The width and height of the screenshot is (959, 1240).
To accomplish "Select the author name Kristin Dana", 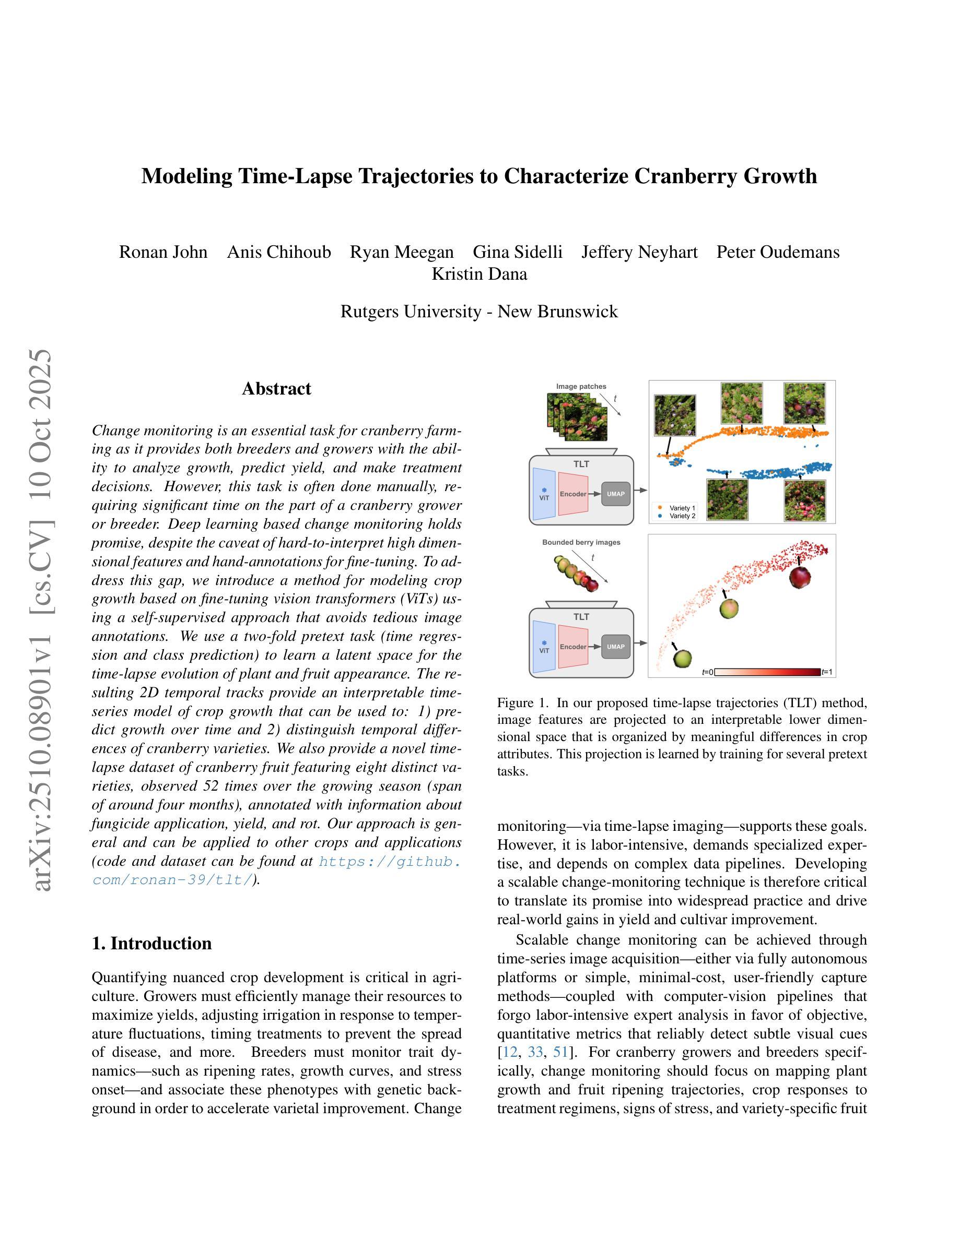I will [479, 273].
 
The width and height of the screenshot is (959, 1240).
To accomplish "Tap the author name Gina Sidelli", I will [518, 252].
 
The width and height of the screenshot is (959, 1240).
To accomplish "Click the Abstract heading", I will [276, 388].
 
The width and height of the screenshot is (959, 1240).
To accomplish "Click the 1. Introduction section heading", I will [151, 943].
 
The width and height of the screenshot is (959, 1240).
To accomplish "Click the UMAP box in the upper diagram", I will [615, 494].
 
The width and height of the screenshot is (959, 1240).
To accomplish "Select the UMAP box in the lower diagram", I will [615, 647].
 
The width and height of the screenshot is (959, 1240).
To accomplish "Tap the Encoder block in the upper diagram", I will [572, 494].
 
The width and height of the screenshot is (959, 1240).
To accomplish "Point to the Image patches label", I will [581, 387].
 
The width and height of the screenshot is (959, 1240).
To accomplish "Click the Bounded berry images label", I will [581, 542].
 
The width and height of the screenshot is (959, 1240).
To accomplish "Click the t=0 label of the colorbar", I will [707, 672].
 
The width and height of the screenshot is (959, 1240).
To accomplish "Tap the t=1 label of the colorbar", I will [827, 672].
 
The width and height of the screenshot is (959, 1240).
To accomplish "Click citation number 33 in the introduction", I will [535, 1052].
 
